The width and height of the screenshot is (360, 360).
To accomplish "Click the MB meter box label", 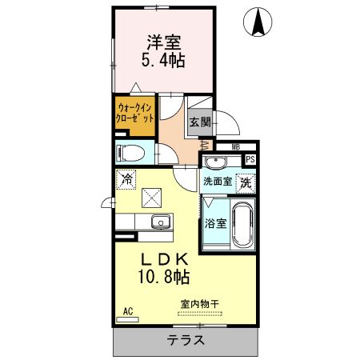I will pyautogui.click(x=236, y=147).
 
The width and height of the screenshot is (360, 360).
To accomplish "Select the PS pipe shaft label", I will pyautogui.click(x=250, y=159).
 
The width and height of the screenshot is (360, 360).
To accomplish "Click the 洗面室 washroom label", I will pyautogui.click(x=217, y=182).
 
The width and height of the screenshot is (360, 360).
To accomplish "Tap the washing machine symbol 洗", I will pyautogui.click(x=246, y=182).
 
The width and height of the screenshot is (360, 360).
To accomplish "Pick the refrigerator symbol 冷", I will pyautogui.click(x=126, y=179).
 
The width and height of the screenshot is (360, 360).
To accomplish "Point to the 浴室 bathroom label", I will pyautogui.click(x=215, y=223).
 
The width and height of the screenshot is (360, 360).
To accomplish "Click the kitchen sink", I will pyautogui.click(x=159, y=222).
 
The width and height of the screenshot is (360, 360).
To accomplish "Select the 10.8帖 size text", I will pyautogui.click(x=163, y=278).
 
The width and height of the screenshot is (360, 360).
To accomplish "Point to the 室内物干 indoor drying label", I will pyautogui.click(x=199, y=302).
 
